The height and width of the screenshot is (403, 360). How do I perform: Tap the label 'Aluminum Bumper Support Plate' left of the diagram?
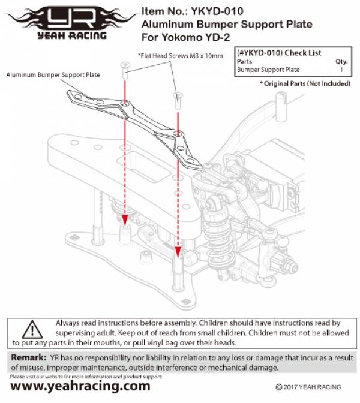53,75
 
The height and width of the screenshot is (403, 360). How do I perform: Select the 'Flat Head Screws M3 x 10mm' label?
180,56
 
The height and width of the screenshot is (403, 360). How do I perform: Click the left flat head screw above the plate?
125,71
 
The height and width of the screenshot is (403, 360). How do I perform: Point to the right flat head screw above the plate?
178,99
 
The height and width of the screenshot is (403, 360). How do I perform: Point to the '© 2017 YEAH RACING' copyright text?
309,387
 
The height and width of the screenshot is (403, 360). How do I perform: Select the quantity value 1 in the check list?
341,70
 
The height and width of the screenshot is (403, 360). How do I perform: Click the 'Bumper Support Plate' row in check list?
268,70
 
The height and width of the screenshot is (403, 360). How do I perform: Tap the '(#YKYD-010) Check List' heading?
279,53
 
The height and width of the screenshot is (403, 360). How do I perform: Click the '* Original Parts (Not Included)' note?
305,83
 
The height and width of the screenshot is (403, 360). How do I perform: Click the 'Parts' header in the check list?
244,61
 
